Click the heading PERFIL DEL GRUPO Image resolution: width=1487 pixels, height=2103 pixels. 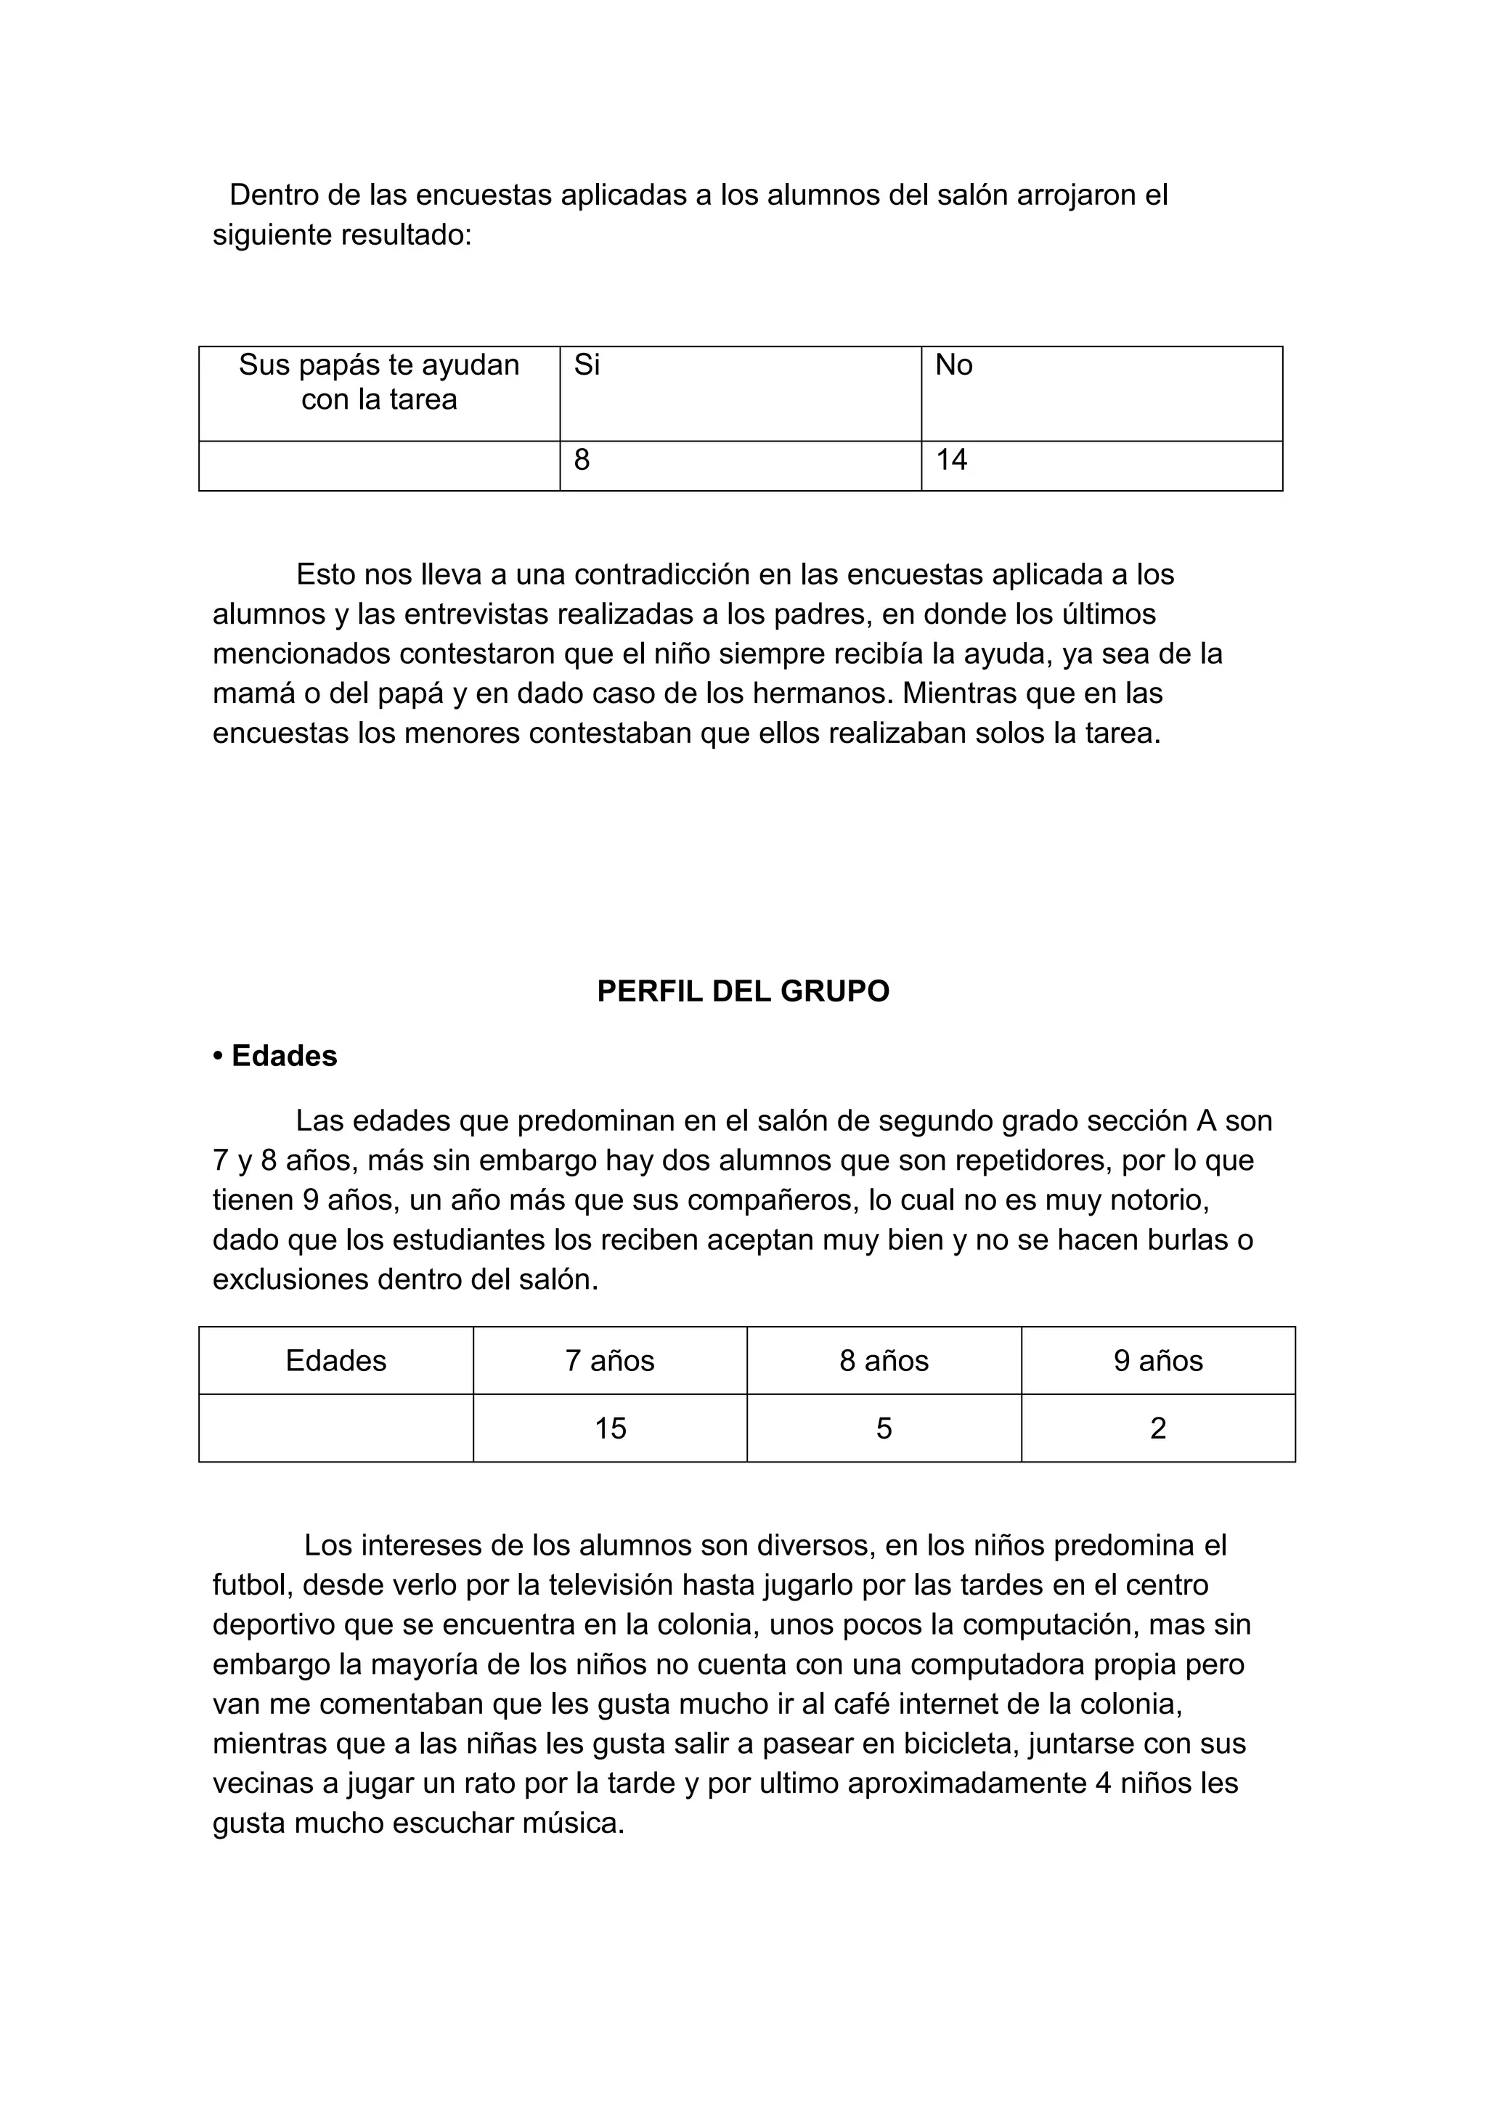click(x=743, y=991)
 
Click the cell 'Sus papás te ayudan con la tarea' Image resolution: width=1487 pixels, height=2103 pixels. click(x=379, y=382)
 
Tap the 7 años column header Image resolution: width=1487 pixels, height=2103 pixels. click(x=610, y=1361)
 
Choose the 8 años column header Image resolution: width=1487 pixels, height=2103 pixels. click(x=884, y=1361)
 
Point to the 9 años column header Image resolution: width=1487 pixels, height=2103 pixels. click(x=1157, y=1361)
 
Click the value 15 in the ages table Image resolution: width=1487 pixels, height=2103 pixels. click(x=610, y=1429)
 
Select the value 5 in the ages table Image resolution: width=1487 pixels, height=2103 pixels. click(x=884, y=1429)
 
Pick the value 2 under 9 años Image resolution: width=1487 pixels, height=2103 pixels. click(x=1157, y=1429)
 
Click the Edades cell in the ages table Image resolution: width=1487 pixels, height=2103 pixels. click(x=336, y=1361)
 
